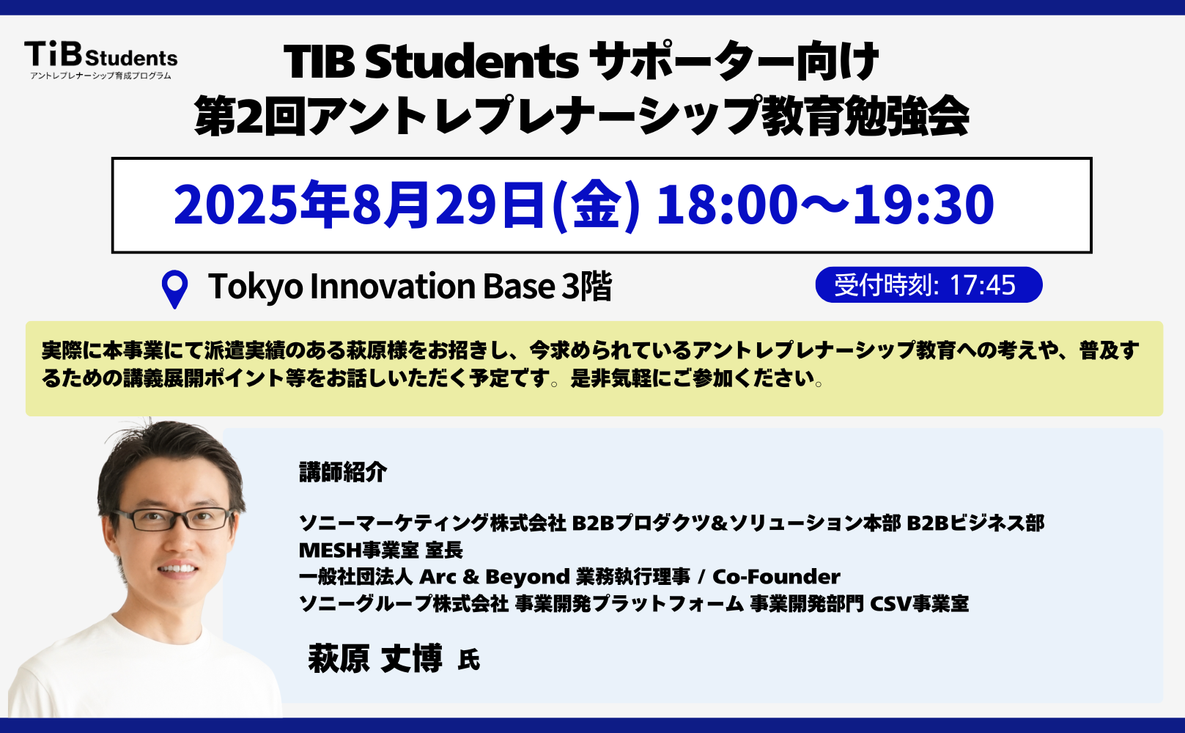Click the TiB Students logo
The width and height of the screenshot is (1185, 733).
point(101,60)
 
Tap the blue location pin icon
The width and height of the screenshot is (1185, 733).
point(174,289)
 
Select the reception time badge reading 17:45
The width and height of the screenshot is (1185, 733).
point(929,284)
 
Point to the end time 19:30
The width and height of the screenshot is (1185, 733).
point(923,204)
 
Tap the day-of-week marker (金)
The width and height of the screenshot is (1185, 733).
point(596,205)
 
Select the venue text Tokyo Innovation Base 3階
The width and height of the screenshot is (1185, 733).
point(410,287)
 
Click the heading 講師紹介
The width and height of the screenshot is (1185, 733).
point(343,472)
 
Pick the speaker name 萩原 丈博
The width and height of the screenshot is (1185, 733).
point(375,658)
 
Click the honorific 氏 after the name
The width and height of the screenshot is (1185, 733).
point(469,660)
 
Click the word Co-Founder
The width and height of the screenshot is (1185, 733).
point(776,576)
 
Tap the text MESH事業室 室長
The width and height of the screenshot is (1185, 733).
point(381,550)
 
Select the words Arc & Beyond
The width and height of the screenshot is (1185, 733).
point(494,577)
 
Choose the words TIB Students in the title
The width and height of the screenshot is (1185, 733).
point(431,62)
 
